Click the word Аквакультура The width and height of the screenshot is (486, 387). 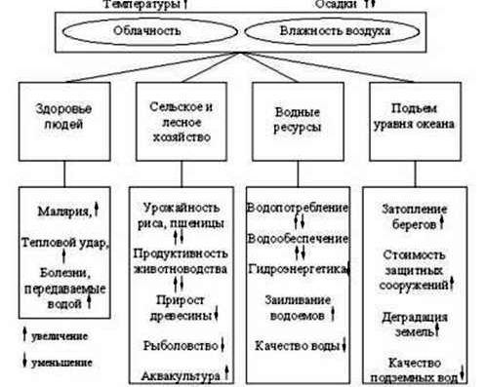tap(181, 374)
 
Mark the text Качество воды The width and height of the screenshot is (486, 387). tap(292, 345)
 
